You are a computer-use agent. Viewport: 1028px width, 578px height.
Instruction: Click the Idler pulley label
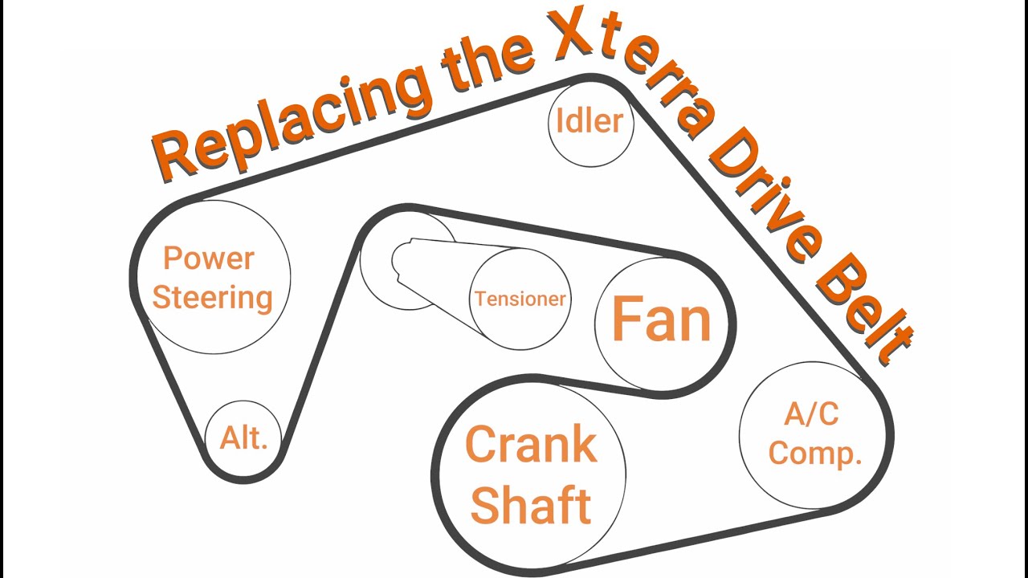pyautogui.click(x=589, y=120)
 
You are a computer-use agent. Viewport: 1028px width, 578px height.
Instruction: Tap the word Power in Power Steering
pyautogui.click(x=209, y=258)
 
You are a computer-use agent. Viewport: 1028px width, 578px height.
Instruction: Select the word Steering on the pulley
pyautogui.click(x=213, y=299)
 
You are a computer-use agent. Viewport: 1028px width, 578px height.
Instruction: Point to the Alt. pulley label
pyautogui.click(x=243, y=438)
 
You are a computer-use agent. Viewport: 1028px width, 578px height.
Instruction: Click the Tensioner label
pyautogui.click(x=520, y=299)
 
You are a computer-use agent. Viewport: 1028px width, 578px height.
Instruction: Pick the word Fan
pyautogui.click(x=662, y=319)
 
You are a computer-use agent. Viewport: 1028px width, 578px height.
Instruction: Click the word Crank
pyautogui.click(x=532, y=444)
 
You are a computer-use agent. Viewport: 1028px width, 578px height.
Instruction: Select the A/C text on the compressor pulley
pyautogui.click(x=811, y=413)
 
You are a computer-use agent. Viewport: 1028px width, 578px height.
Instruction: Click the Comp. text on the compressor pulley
pyautogui.click(x=815, y=454)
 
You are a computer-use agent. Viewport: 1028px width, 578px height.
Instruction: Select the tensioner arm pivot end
pyautogui.click(x=404, y=259)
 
